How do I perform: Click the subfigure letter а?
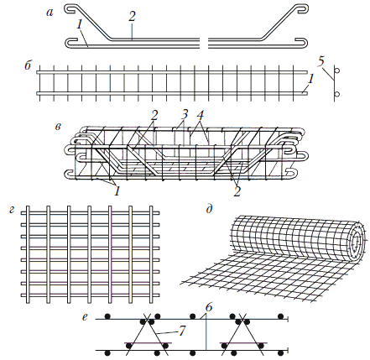(50, 13)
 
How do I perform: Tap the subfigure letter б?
(28, 66)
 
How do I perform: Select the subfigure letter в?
(58, 127)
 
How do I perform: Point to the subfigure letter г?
(12, 210)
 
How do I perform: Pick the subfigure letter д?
(210, 210)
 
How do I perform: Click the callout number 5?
(321, 62)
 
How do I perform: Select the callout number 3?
(184, 114)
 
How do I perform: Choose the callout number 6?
(208, 308)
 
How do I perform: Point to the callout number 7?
(182, 331)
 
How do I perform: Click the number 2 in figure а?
(132, 17)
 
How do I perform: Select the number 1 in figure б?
(310, 80)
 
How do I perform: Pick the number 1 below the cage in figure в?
(117, 191)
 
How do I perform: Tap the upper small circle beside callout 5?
(337, 70)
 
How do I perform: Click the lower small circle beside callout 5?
(337, 94)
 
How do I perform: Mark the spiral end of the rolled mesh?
(356, 238)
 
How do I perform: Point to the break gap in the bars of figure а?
(204, 43)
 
